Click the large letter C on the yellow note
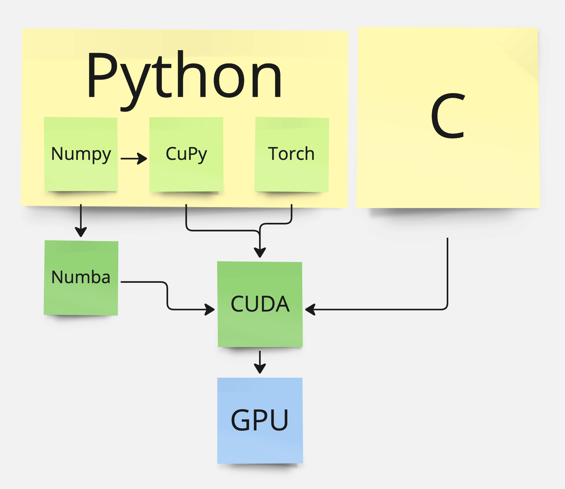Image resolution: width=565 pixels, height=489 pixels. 448,116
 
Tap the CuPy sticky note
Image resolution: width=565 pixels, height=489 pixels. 186,176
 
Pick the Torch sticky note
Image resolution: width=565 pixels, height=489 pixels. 292,176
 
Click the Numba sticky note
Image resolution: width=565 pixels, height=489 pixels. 81,299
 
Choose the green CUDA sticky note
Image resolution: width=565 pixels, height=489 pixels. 260,328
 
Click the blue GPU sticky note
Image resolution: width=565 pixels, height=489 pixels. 260,445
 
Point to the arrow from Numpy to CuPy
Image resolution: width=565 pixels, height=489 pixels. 133,158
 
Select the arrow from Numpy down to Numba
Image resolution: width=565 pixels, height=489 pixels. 81,220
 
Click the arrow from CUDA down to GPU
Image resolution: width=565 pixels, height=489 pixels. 260,362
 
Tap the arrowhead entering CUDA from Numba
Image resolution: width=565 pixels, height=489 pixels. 210,309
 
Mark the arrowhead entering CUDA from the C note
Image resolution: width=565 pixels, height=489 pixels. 310,309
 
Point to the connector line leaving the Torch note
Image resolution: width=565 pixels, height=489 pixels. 292,215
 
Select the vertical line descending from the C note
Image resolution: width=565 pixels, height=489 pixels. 448,272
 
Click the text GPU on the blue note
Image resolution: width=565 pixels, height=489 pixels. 260,420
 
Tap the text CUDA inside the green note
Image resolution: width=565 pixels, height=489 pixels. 260,304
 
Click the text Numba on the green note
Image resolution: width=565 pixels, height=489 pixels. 81,277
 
